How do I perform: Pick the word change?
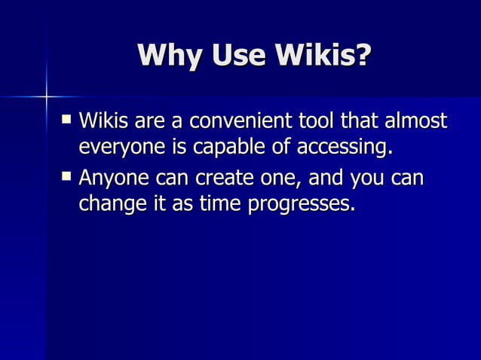point(107,204)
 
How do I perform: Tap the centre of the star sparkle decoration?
point(46,96)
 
